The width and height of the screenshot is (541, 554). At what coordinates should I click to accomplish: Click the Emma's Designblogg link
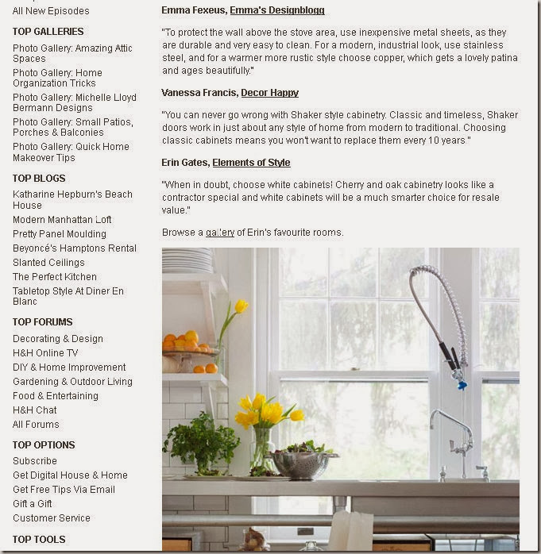[x=276, y=10]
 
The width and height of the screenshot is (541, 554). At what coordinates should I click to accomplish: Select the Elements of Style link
[x=251, y=163]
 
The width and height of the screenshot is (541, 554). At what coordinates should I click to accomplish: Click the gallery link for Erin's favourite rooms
[x=220, y=233]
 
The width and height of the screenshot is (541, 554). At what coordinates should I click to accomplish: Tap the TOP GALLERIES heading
[x=48, y=32]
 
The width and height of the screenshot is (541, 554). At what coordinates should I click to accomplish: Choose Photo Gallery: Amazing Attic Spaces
[x=72, y=53]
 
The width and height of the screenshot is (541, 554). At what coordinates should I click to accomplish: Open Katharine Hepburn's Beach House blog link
[x=72, y=199]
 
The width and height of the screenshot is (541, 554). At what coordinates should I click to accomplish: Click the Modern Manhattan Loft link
[x=62, y=220]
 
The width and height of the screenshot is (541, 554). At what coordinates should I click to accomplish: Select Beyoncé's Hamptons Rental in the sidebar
[x=75, y=248]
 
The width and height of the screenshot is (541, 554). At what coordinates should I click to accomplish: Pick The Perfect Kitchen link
[x=55, y=277]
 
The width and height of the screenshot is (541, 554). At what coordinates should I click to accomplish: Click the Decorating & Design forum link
[x=58, y=339]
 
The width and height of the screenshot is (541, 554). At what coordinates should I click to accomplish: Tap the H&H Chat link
[x=35, y=410]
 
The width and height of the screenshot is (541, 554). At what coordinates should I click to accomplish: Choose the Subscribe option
[x=35, y=461]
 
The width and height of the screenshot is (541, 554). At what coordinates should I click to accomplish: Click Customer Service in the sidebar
[x=52, y=518]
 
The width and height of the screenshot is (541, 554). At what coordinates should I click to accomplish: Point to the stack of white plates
[x=187, y=261]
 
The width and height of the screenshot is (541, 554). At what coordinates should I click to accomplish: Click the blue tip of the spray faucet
[x=462, y=385]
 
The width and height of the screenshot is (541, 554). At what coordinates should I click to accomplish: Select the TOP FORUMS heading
[x=42, y=322]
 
